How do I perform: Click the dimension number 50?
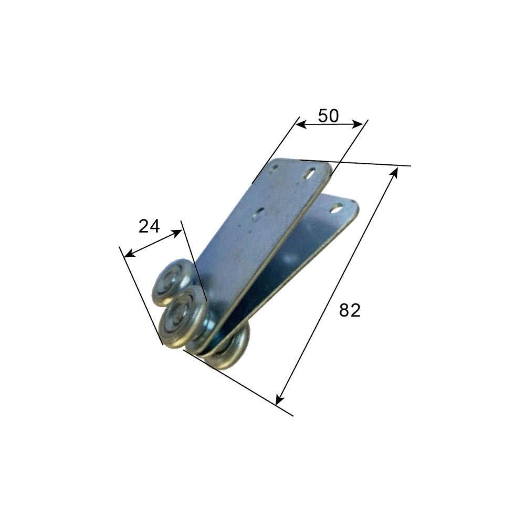click(x=328, y=115)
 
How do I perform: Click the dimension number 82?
click(x=350, y=310)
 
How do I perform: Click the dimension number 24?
click(x=149, y=226)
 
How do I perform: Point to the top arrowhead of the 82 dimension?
click(x=395, y=171)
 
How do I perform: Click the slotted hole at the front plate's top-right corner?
click(x=311, y=173)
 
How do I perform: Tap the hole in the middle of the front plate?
click(x=259, y=213)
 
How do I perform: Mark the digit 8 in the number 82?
click(x=344, y=310)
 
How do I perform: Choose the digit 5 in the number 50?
click(x=322, y=115)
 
